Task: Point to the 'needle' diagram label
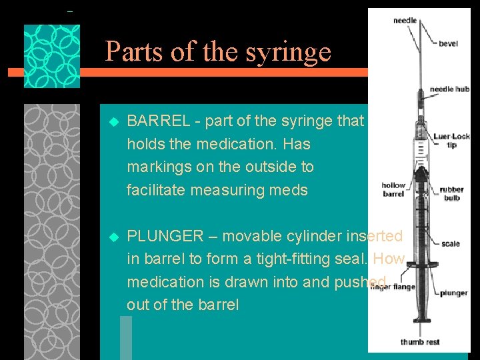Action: [405, 21]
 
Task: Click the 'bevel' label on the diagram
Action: [448, 44]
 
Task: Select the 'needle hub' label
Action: [450, 89]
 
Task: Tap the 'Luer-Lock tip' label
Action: [451, 141]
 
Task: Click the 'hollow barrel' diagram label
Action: [393, 190]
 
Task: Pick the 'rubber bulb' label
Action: [452, 194]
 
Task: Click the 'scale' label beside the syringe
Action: [450, 244]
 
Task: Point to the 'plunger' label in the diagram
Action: [453, 293]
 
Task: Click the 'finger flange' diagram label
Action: [393, 287]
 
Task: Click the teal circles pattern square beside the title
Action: [52, 56]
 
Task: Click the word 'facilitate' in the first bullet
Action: [157, 190]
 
